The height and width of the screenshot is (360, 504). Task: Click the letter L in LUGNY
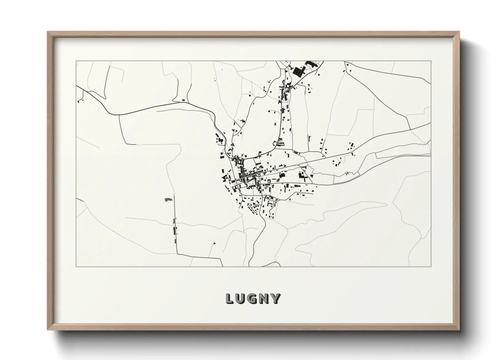point(230,298)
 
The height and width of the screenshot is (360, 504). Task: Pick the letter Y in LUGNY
point(275,298)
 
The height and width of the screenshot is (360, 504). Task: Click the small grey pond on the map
point(167,199)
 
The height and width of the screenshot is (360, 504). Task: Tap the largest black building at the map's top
point(299,72)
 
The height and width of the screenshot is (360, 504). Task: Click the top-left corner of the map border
point(76,61)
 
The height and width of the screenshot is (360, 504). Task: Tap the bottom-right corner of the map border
point(431,266)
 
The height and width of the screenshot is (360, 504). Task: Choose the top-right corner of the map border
point(431,61)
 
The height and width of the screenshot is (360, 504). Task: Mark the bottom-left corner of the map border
point(76,266)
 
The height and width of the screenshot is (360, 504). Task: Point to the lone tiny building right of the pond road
point(214,243)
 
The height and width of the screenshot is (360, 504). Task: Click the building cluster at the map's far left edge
point(81,100)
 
